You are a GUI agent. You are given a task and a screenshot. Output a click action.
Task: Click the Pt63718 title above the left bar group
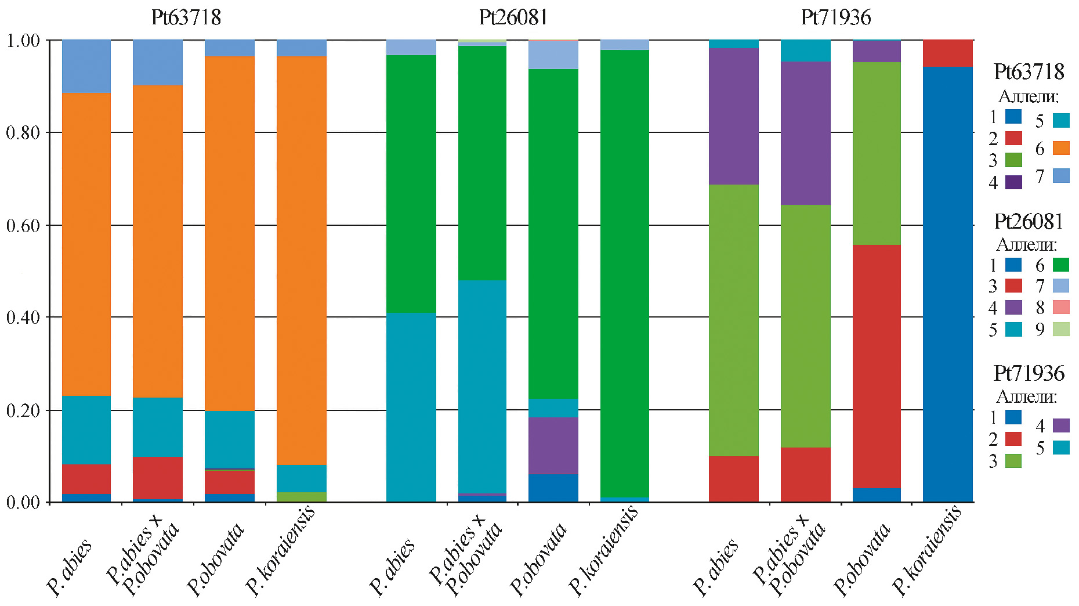[x=186, y=17]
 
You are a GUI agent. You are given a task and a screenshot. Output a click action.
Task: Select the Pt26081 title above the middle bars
[x=513, y=17]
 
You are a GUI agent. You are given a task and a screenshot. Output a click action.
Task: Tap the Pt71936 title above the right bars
[x=836, y=17]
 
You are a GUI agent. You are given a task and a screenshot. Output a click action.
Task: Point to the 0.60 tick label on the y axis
[x=23, y=225]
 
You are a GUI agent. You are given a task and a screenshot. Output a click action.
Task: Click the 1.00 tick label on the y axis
[x=23, y=41]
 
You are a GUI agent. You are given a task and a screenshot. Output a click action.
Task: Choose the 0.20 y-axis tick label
[x=23, y=410]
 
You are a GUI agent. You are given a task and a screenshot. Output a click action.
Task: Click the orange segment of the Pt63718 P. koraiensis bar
[x=302, y=261]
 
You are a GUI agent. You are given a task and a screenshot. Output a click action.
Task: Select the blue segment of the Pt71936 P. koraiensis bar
[x=948, y=284]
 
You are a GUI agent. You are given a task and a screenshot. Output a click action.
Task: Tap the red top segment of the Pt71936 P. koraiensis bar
[x=948, y=53]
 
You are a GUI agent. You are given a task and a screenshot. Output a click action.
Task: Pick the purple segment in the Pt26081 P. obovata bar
[x=553, y=445]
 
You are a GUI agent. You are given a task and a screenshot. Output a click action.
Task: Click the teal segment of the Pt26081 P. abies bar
[x=411, y=406]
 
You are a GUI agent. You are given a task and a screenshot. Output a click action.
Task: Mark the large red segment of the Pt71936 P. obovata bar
[x=877, y=366]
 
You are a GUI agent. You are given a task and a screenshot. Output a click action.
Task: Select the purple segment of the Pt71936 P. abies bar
[x=734, y=116]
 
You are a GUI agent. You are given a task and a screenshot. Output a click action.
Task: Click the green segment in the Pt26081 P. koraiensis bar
[x=624, y=273]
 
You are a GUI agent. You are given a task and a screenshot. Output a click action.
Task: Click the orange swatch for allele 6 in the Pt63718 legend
[x=1061, y=148]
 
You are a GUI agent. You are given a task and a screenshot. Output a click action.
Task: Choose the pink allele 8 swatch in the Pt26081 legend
[x=1061, y=308]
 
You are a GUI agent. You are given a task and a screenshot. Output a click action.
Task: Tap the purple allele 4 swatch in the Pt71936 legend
[x=1061, y=425]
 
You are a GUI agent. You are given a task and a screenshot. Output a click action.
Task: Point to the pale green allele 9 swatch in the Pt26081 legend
[x=1061, y=329]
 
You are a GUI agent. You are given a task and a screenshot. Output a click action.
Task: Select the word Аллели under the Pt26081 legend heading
[x=1026, y=244]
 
